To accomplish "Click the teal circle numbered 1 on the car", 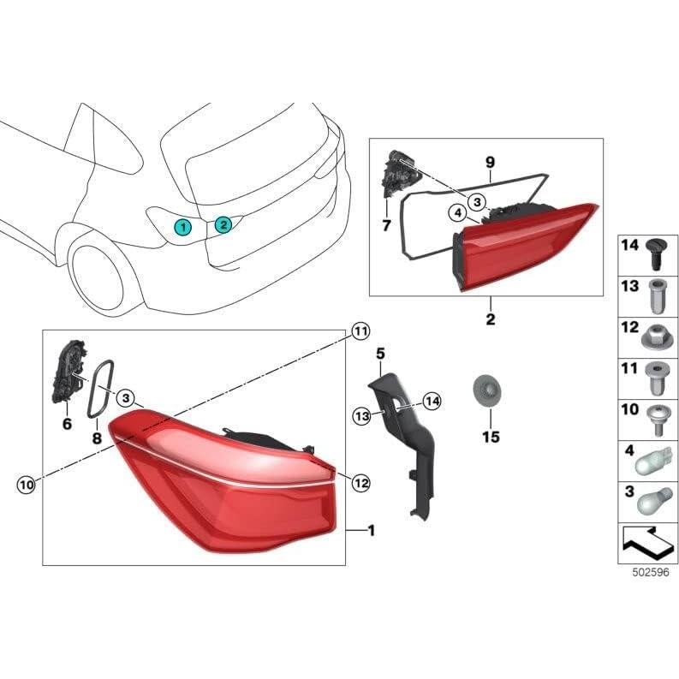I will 182,226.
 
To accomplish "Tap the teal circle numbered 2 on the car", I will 223,225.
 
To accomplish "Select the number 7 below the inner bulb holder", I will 386,225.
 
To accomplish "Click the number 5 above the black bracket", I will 381,353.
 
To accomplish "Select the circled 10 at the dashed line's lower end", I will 27,485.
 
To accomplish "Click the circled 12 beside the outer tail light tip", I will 360,484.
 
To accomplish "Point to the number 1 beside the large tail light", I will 371,531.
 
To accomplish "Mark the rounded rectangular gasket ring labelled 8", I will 102,388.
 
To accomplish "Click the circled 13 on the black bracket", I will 360,415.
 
